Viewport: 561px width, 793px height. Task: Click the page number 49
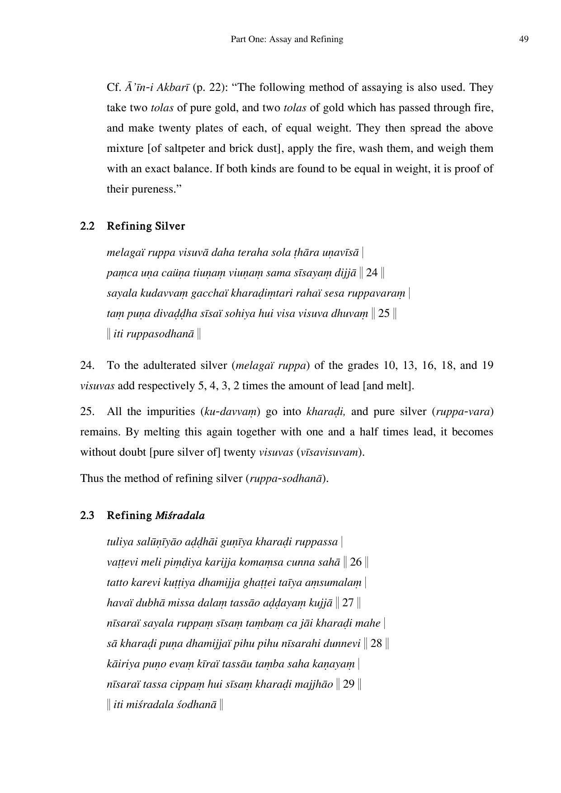point(523,39)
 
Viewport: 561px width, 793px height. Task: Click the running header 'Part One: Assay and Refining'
point(287,39)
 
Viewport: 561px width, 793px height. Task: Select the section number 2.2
point(87,226)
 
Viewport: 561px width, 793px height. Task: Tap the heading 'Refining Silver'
point(146,226)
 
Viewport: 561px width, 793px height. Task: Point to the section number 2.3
point(87,515)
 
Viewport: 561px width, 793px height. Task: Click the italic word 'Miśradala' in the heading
point(179,515)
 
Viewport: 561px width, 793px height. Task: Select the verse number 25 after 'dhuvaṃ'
point(383,314)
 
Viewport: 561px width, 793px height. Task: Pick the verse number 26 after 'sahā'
point(356,562)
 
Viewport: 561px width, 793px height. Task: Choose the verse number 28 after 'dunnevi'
point(376,643)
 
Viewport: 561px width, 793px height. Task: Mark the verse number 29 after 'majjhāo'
point(349,684)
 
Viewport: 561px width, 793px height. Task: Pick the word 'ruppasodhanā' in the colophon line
point(154,334)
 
